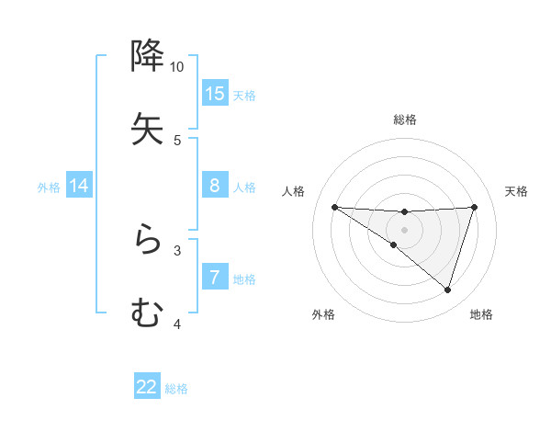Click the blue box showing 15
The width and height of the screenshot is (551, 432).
click(x=215, y=93)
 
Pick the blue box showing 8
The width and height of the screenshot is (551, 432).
click(x=215, y=186)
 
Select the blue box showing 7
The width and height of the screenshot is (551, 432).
click(x=215, y=278)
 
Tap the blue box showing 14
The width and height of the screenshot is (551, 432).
click(x=79, y=186)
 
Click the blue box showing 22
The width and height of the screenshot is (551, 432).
click(x=147, y=387)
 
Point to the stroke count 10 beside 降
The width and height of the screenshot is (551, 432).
click(x=177, y=67)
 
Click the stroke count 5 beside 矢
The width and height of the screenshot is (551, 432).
click(x=177, y=141)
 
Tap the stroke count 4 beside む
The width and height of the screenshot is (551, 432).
click(x=177, y=324)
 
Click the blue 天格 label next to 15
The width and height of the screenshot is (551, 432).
click(x=244, y=95)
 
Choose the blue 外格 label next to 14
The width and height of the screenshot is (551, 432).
click(x=49, y=188)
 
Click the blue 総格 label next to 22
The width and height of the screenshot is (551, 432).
click(x=176, y=389)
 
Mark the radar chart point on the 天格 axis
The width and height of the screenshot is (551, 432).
click(x=475, y=207)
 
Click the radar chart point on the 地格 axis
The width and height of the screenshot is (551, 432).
click(x=447, y=290)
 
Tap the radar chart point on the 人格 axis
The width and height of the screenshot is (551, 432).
click(x=334, y=207)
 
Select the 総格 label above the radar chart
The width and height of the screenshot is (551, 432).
click(x=405, y=119)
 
